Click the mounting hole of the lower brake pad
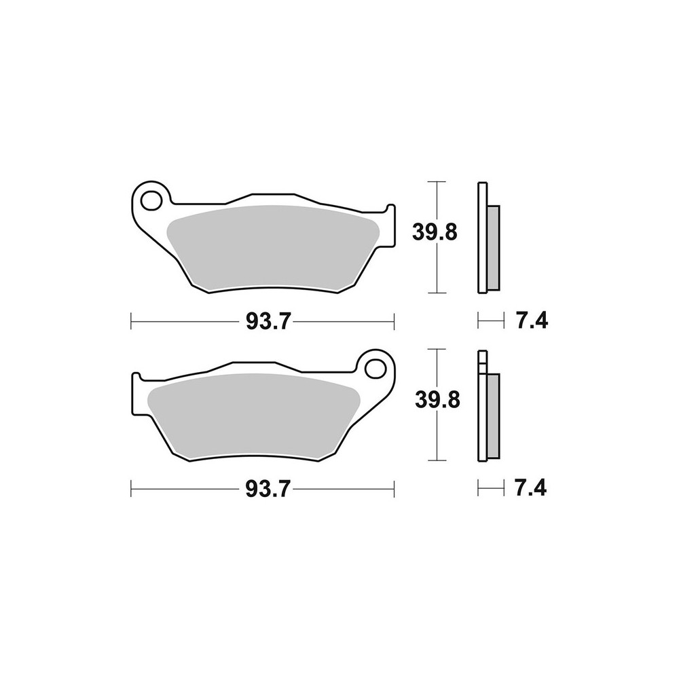pos(375,369)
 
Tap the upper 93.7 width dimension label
pos(267,322)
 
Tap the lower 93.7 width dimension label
pos(267,490)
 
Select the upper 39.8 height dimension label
pos(435,233)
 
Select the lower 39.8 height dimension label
pos(437,401)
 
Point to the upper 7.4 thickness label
pos(532,321)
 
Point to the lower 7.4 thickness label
pos(530,489)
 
